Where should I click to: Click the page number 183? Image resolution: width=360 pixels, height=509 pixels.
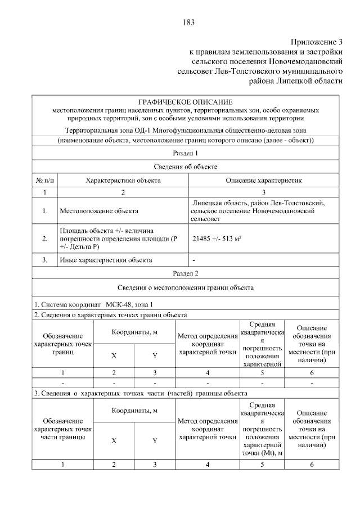click(188, 22)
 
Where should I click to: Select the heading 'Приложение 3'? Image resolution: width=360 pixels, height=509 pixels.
click(316, 43)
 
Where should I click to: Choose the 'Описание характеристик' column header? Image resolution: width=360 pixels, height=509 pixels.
click(264, 181)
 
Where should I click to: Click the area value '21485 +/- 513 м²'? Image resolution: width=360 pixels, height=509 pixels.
click(217, 239)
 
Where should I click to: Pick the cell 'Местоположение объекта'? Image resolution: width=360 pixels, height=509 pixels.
click(98, 211)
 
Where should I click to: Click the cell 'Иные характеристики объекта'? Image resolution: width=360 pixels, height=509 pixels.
click(105, 260)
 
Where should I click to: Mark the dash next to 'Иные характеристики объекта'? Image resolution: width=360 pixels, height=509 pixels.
click(194, 260)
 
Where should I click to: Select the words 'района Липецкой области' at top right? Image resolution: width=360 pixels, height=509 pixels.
click(296, 81)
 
